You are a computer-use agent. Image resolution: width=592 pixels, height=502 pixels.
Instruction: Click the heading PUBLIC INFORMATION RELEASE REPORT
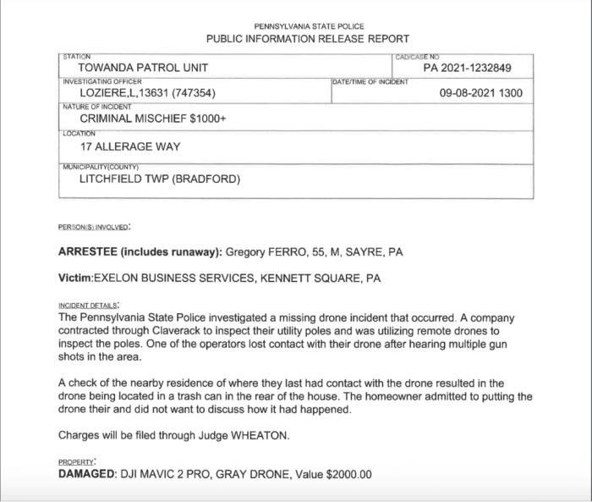tap(308, 39)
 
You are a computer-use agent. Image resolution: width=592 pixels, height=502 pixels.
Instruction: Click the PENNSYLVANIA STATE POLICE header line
tap(308, 27)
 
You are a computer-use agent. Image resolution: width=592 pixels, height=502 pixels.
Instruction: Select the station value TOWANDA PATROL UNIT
tap(143, 68)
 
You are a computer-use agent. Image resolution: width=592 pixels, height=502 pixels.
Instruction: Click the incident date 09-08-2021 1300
tap(481, 93)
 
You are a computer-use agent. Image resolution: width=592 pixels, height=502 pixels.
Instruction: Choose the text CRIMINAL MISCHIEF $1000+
tap(152, 119)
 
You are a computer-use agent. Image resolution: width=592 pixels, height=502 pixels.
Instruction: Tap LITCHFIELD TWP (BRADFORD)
tap(160, 179)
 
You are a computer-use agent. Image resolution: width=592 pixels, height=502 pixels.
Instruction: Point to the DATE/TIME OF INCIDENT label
tap(370, 81)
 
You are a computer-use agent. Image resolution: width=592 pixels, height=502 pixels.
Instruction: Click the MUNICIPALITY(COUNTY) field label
tap(101, 166)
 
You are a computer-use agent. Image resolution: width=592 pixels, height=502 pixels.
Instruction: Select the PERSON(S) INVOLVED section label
tap(94, 228)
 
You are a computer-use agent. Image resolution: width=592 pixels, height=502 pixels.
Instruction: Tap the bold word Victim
tap(74, 277)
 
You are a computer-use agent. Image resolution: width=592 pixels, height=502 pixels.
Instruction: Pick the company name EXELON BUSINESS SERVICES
tap(175, 277)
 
